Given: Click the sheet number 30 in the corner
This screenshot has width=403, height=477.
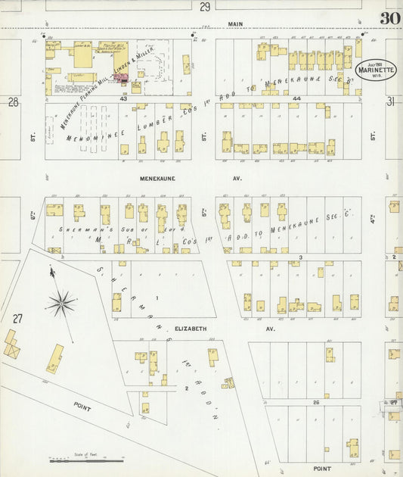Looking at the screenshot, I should tap(391, 19).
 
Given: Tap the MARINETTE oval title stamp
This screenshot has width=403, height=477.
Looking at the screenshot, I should tap(376, 70).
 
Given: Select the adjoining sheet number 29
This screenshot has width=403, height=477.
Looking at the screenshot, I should tap(205, 7).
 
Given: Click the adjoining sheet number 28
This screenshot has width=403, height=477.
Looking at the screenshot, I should tap(13, 101).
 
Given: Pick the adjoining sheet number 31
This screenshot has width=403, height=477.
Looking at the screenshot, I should tap(391, 101).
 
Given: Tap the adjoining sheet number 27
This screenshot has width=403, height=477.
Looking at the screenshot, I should tap(17, 318).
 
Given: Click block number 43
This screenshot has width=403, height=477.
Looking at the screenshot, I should tap(122, 98).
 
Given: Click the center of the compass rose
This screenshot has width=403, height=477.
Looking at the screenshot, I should tap(60, 304).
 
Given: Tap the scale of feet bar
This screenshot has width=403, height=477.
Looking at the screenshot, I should tap(85, 459).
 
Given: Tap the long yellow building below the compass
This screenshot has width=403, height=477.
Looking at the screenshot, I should tap(54, 359).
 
